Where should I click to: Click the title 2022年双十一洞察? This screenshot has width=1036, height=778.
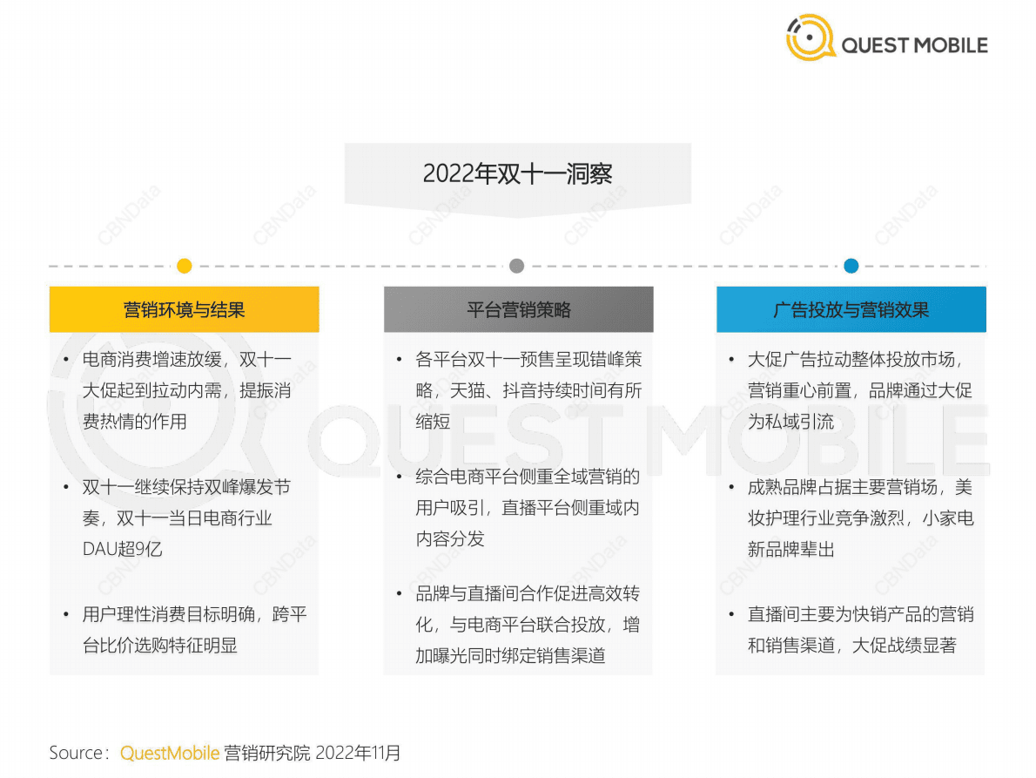point(517,173)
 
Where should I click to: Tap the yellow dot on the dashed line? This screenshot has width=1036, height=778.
point(184,266)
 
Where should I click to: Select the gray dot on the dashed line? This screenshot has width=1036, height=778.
point(516,266)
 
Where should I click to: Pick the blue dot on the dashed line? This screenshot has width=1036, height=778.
point(851,266)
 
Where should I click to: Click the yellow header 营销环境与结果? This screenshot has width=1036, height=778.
point(184,309)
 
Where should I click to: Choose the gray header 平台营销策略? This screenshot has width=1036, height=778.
point(518,309)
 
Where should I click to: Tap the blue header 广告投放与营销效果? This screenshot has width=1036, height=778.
point(851,309)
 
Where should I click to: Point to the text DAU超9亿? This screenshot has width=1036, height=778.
point(122,549)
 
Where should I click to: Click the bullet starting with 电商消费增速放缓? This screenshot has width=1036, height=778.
point(186,390)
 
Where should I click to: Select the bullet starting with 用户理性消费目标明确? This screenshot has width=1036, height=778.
point(193,629)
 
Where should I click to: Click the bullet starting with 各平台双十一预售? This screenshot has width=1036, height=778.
point(528,390)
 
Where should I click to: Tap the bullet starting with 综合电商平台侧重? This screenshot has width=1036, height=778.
point(527,507)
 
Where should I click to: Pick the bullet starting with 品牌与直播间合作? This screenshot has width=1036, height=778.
point(527,625)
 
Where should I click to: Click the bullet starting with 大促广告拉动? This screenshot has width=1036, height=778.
point(859,390)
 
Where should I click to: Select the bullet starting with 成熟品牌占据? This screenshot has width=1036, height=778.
point(860,518)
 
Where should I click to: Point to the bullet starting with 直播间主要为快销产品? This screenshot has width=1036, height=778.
point(860,629)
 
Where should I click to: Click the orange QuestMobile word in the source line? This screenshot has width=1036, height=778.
point(170,753)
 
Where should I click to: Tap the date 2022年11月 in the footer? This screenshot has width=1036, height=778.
point(358,753)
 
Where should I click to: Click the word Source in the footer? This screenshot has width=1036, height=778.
point(77,753)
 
